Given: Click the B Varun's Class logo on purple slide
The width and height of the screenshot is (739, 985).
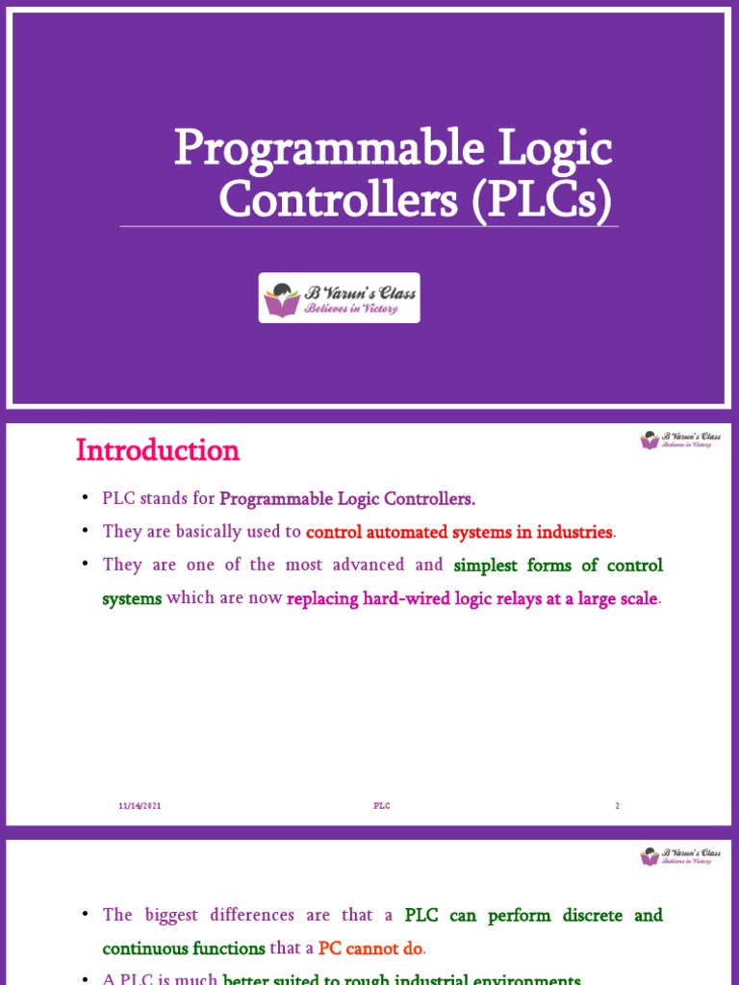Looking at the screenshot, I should (339, 297).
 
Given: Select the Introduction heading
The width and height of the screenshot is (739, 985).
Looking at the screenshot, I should (157, 450).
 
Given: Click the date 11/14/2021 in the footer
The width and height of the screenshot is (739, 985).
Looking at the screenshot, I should (134, 806).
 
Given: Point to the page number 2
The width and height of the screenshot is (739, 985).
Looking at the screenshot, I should (618, 806).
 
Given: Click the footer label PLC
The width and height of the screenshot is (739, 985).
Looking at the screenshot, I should (382, 806).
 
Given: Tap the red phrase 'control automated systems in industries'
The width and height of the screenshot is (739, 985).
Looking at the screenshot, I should (459, 532).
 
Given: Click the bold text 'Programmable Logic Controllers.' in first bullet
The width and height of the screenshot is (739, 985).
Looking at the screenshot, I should (347, 498).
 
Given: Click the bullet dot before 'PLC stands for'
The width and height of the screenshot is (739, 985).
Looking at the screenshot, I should (85, 499).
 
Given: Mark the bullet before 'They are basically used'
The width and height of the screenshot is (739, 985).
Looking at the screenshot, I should (85, 532).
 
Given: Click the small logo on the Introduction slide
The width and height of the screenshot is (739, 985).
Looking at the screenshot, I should (676, 441).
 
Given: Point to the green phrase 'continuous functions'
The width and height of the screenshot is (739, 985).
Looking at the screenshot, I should (184, 948).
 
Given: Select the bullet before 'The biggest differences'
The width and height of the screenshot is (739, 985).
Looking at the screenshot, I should (85, 915).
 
